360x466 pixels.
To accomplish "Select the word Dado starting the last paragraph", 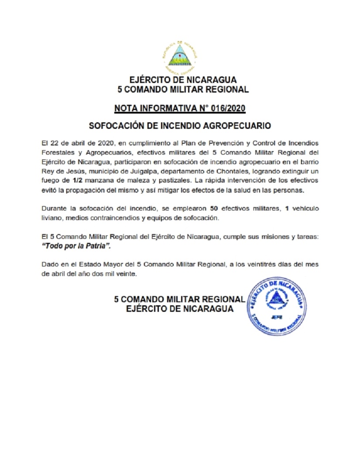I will (x=49, y=265).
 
